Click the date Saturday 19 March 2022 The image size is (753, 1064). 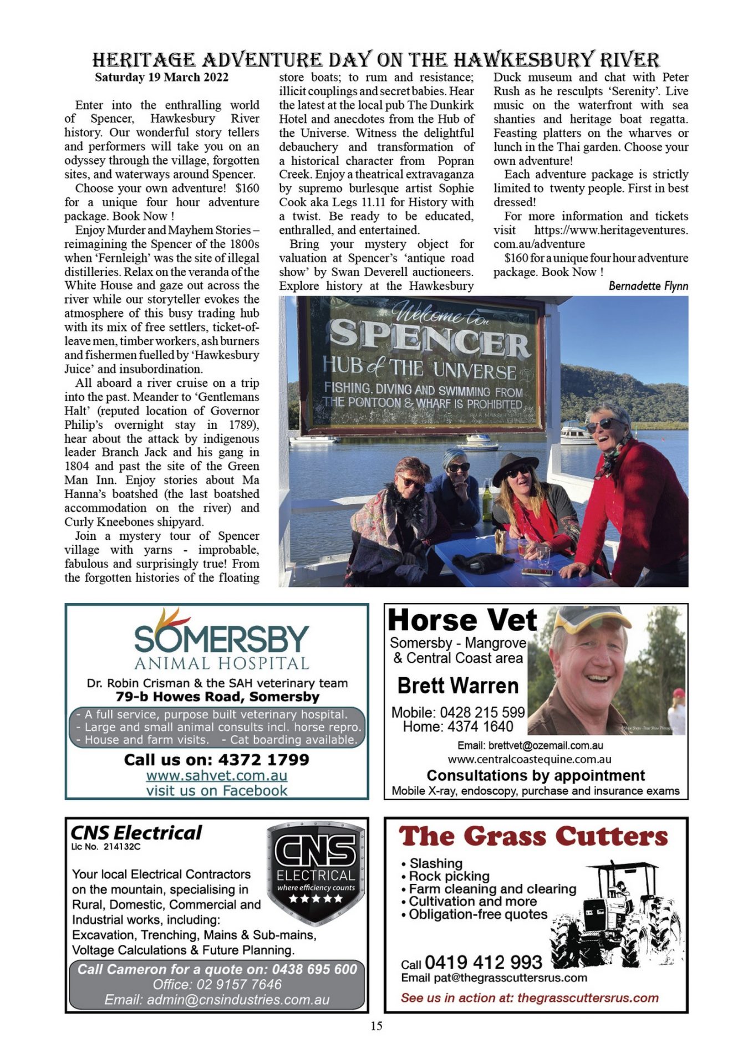161,77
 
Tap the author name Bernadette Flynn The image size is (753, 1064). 648,286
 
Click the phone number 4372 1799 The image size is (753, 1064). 263,759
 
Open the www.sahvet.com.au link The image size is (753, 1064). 216,775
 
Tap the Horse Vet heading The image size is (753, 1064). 462,620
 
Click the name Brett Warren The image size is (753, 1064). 457,686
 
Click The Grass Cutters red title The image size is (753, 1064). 533,836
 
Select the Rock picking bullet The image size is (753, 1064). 449,876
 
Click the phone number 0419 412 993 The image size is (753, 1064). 483,962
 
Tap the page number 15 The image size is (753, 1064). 376,1026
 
